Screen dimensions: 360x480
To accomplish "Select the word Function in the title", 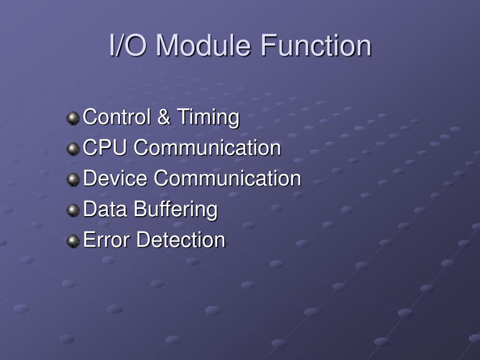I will tap(316, 46).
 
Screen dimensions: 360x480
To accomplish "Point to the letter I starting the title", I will tap(112, 46).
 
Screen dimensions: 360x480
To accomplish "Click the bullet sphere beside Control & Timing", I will tap(73, 118).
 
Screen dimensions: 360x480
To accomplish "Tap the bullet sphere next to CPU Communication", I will tap(73, 149).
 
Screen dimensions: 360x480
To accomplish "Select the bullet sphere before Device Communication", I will tap(73, 180).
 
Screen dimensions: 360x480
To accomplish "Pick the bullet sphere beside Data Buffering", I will tap(73, 210).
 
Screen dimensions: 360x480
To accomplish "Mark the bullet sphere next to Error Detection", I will tap(73, 241).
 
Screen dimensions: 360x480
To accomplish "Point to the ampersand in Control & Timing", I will tap(164, 117).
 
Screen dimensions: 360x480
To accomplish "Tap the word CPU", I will tap(105, 148).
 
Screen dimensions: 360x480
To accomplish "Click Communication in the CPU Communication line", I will tap(207, 148).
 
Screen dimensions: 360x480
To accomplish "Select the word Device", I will tap(116, 179).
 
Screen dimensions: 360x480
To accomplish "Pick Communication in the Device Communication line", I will tap(227, 179).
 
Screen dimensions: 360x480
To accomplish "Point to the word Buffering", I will tap(176, 210).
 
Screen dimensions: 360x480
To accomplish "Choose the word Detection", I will tap(181, 240).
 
